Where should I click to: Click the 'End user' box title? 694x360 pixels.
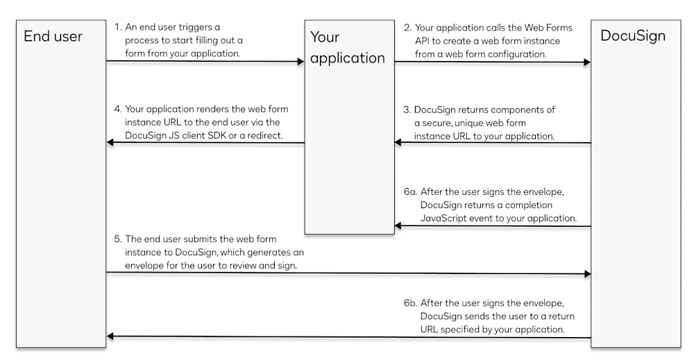53,37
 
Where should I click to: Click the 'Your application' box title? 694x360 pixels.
347,47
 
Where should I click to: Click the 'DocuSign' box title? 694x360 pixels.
632,36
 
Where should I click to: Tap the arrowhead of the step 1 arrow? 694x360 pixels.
301,62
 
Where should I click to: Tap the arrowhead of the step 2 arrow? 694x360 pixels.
587,62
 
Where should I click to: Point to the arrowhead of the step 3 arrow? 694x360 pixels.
399,143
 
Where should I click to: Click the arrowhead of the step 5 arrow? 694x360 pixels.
587,274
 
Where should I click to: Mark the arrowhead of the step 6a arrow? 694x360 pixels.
399,225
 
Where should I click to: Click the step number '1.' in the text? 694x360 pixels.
118,28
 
